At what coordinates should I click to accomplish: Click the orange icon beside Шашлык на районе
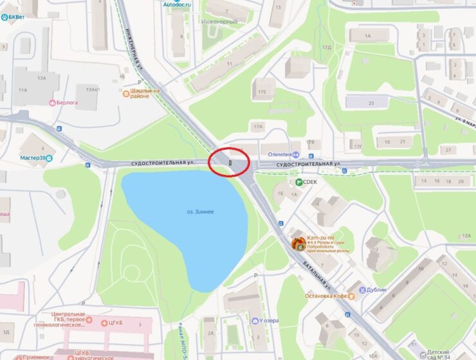click(x=127, y=93)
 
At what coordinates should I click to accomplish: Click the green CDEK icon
click(x=299, y=182)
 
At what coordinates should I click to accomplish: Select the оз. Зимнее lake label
click(x=200, y=212)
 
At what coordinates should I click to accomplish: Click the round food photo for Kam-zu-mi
click(x=298, y=244)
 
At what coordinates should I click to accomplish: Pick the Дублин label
click(x=376, y=290)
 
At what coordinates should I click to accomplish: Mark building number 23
click(x=371, y=102)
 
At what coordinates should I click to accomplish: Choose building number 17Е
click(x=262, y=92)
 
